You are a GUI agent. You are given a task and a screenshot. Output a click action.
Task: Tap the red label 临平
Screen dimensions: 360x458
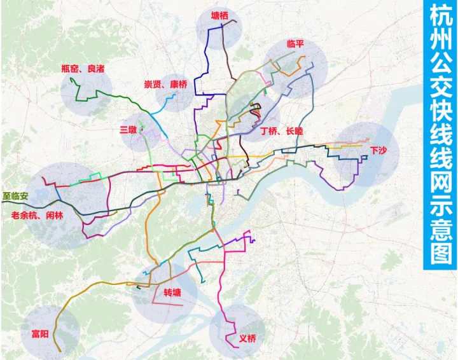pyautogui.click(x=295, y=44)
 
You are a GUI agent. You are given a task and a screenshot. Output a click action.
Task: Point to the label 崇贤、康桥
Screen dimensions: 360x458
pyautogui.click(x=165, y=84)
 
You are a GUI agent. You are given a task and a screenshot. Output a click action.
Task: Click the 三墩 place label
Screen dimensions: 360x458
pyautogui.click(x=128, y=130)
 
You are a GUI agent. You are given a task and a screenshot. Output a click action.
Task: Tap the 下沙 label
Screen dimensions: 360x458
pyautogui.click(x=378, y=150)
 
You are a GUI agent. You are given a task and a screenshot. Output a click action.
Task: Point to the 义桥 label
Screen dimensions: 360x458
pyautogui.click(x=247, y=338)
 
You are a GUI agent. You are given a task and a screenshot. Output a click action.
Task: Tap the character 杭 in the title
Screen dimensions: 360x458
pyautogui.click(x=440, y=17)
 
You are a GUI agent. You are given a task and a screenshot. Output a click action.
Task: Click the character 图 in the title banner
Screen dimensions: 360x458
pyautogui.click(x=440, y=254)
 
